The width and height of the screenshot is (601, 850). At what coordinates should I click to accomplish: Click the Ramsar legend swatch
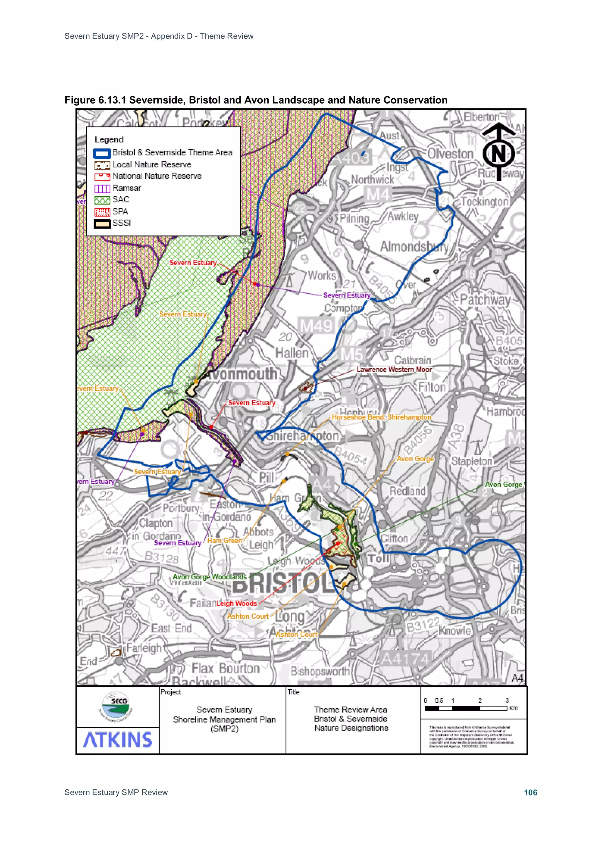102,188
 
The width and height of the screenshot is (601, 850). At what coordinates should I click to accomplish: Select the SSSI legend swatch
102,224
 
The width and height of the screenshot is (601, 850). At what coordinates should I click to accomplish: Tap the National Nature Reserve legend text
157,176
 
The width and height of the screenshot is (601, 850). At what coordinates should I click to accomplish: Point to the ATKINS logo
118,740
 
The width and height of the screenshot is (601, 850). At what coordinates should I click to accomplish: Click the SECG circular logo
117,707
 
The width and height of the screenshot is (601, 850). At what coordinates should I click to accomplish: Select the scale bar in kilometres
466,708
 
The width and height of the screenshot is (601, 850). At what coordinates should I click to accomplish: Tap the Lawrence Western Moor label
394,369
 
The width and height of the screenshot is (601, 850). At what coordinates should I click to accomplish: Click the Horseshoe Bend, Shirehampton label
381,417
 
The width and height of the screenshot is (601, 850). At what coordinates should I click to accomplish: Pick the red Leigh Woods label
237,604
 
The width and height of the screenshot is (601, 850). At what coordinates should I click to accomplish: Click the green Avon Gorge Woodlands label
210,577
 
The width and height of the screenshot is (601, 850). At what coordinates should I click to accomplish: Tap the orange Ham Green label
224,540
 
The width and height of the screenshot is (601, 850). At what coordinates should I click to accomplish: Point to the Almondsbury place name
414,246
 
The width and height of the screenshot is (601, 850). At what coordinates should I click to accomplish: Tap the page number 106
530,792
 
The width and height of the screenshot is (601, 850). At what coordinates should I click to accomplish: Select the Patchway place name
485,300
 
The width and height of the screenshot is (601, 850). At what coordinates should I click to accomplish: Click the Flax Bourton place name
225,669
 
